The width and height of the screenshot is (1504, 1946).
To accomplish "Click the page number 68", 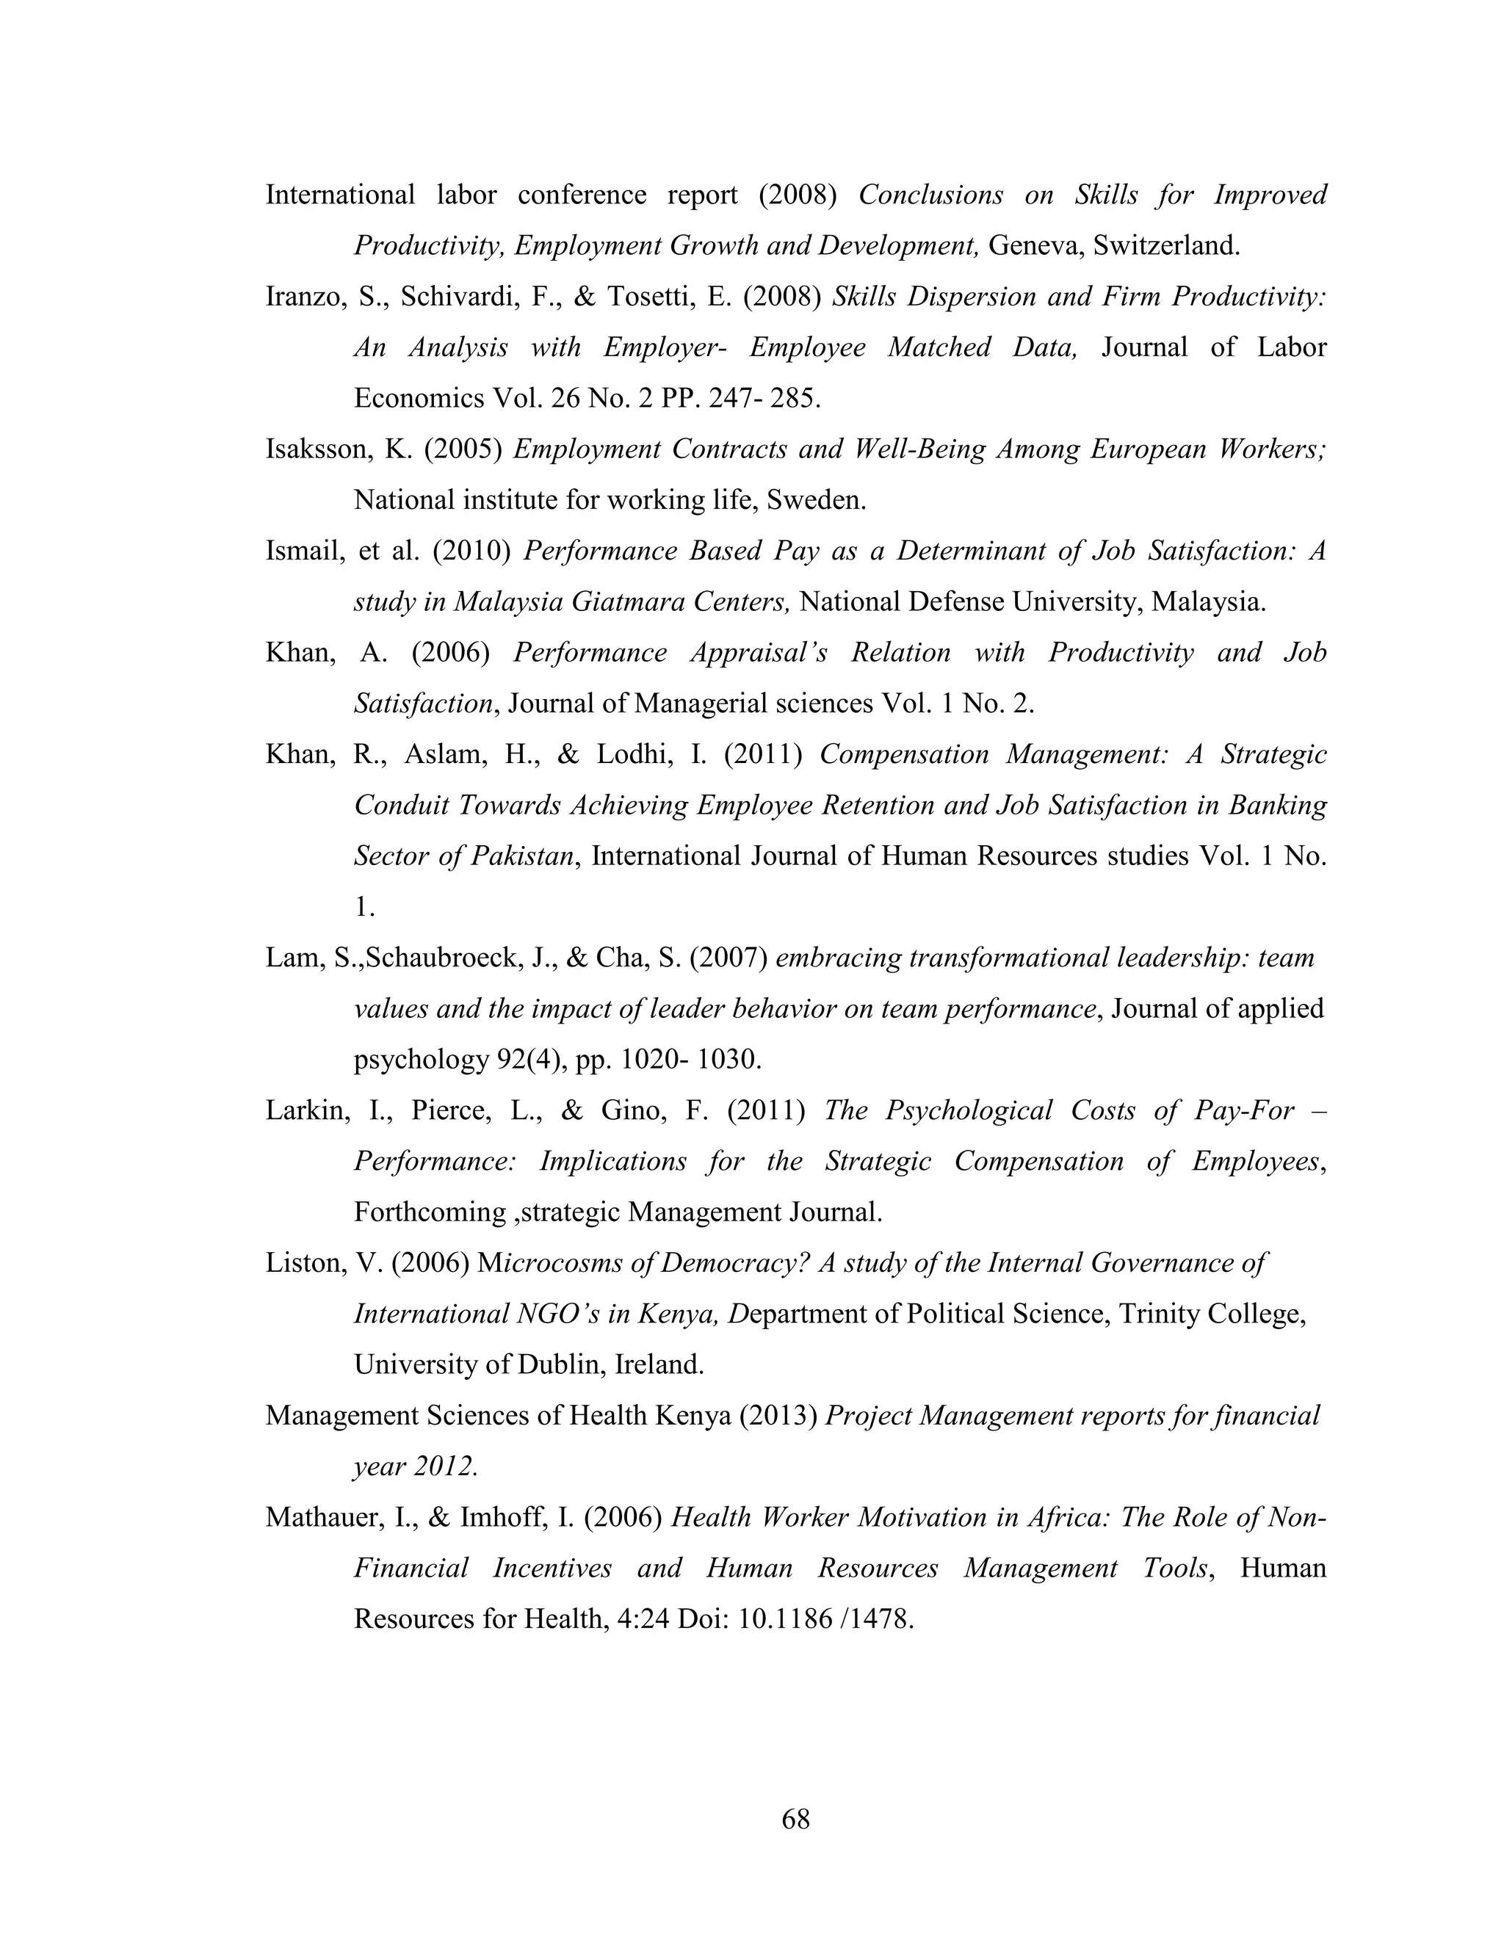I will (x=795, y=1818).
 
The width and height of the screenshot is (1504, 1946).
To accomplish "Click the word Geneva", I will (x=1032, y=246).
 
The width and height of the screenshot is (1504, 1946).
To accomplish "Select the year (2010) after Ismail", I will (x=471, y=551).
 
